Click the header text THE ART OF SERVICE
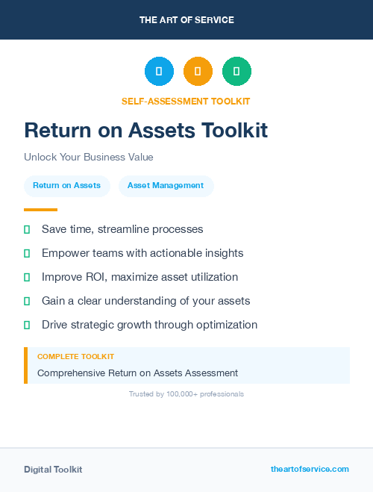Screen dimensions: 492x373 pos(186,20)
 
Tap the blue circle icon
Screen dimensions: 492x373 pos(159,72)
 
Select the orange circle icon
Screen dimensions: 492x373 pos(198,72)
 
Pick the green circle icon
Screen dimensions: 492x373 pos(236,72)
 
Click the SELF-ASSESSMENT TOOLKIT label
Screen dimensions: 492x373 pos(186,101)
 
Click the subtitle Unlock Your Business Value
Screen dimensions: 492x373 pos(88,158)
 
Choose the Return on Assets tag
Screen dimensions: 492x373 pos(66,186)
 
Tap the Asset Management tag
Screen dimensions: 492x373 pos(166,186)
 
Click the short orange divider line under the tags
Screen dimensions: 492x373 pos(40,210)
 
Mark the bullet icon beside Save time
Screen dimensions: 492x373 pos(27,229)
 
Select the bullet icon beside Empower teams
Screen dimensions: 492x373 pos(27,253)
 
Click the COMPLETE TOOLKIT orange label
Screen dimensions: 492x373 pos(75,357)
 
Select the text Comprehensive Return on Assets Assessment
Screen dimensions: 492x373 pos(137,373)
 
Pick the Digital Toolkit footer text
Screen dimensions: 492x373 pos(53,470)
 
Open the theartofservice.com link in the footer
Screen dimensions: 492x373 pos(310,469)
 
